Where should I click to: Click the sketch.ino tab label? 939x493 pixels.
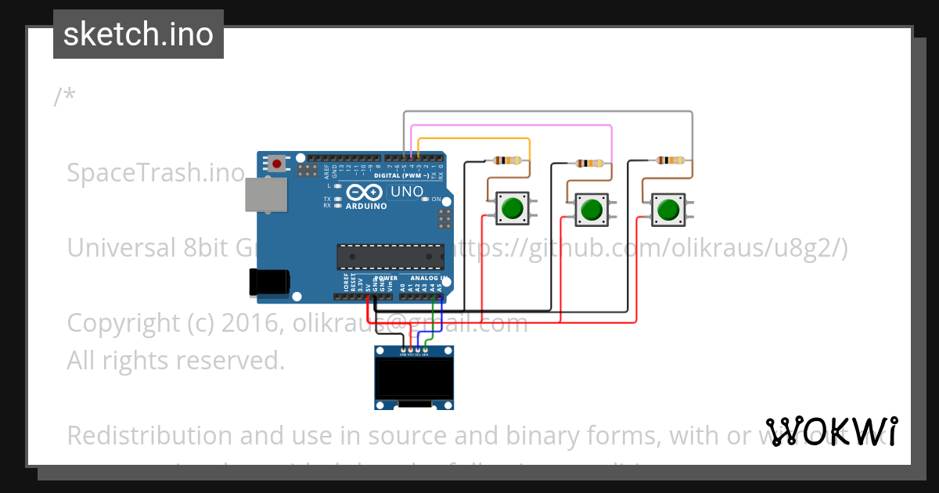click(139, 34)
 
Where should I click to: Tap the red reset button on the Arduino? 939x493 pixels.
click(276, 164)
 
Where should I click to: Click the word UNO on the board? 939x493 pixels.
click(407, 192)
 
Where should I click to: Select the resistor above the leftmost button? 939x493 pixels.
click(508, 160)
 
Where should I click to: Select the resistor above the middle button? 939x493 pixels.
click(589, 164)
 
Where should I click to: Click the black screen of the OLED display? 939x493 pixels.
click(414, 379)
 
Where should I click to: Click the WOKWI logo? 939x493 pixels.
click(832, 431)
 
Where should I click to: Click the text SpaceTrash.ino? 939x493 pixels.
click(156, 172)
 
